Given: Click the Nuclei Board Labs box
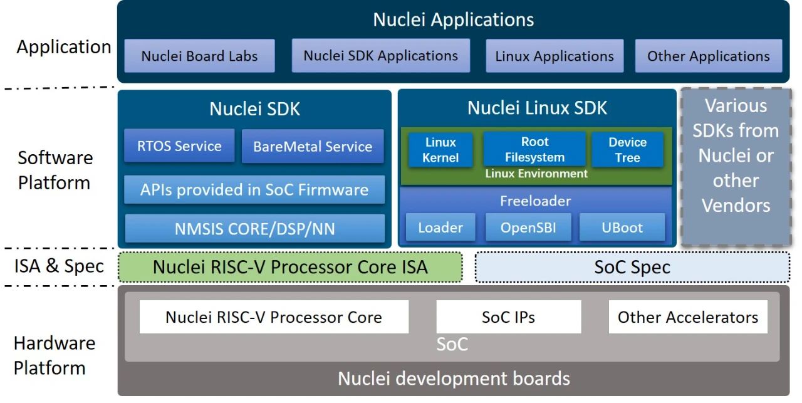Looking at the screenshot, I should [199, 56].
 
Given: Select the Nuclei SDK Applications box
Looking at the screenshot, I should [380, 55].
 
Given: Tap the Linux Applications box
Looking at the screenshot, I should [555, 56].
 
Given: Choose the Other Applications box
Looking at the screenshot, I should [709, 56].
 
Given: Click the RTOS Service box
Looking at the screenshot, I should [179, 146].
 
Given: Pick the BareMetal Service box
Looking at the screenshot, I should [313, 147].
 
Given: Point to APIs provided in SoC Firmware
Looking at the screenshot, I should [254, 190].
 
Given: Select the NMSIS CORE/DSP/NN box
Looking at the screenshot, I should [254, 229].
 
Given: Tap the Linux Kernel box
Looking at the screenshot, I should [440, 150].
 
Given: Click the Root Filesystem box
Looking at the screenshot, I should [534, 149].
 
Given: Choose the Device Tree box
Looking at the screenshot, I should [627, 150].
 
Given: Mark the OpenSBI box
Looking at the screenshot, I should [528, 228].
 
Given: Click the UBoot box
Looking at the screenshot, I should [622, 228].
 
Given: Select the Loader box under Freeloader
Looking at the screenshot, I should [440, 228].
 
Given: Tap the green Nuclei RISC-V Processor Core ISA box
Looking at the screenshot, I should [290, 267].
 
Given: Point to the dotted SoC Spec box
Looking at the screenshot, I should [632, 268].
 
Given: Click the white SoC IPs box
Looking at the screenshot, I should [508, 317].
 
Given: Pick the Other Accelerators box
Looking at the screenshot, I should [687, 317].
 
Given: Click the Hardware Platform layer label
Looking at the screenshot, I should [55, 355].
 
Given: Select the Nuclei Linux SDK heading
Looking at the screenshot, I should [537, 108].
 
